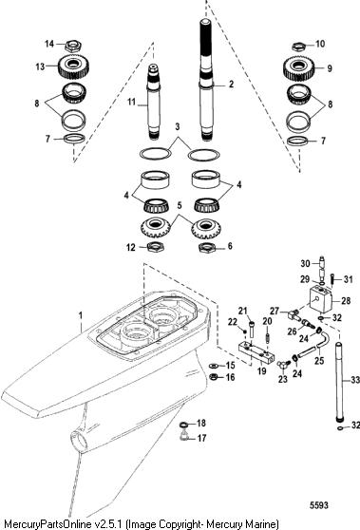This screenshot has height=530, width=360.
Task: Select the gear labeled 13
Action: (73, 66)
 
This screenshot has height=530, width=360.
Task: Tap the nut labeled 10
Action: (298, 46)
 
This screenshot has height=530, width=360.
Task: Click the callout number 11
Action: (131, 101)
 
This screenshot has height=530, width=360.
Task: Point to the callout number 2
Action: (231, 84)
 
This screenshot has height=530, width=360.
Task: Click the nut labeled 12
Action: (156, 247)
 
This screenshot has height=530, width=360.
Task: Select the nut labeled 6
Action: (207, 248)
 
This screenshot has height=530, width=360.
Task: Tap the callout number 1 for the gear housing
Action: (81, 315)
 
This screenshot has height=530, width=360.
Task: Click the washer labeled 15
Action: (214, 366)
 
